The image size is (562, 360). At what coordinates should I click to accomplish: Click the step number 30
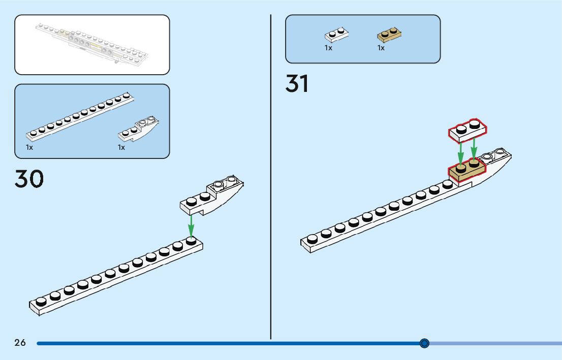point(29,179)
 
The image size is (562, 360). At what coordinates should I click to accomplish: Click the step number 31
point(297,84)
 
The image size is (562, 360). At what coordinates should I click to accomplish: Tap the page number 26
point(20,343)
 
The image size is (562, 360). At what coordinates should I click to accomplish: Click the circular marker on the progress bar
point(425,343)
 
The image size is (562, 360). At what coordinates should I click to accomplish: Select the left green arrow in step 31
point(460,150)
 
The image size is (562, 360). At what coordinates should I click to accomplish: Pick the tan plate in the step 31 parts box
point(390,35)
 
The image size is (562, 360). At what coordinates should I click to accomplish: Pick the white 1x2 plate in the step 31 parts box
point(336,35)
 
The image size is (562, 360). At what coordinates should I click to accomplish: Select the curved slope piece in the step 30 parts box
point(139,129)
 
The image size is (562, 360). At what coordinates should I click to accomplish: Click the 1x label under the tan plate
point(381,48)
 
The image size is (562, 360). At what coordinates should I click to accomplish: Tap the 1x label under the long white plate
point(29,147)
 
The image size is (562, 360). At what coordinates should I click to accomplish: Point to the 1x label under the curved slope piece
point(121,147)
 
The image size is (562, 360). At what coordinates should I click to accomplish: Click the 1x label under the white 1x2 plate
point(328,48)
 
